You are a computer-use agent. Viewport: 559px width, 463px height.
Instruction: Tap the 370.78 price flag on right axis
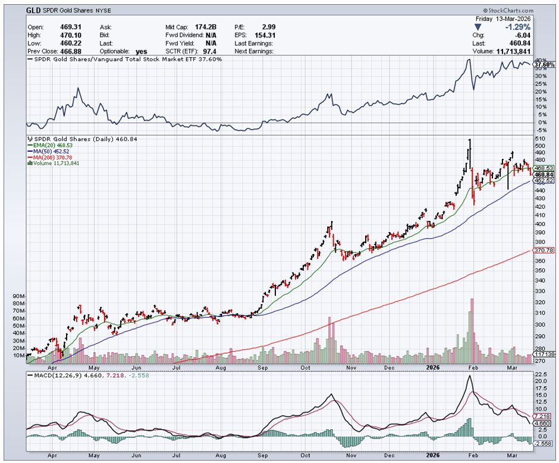click(545, 251)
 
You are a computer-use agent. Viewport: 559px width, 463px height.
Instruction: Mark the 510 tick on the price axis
click(540, 138)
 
